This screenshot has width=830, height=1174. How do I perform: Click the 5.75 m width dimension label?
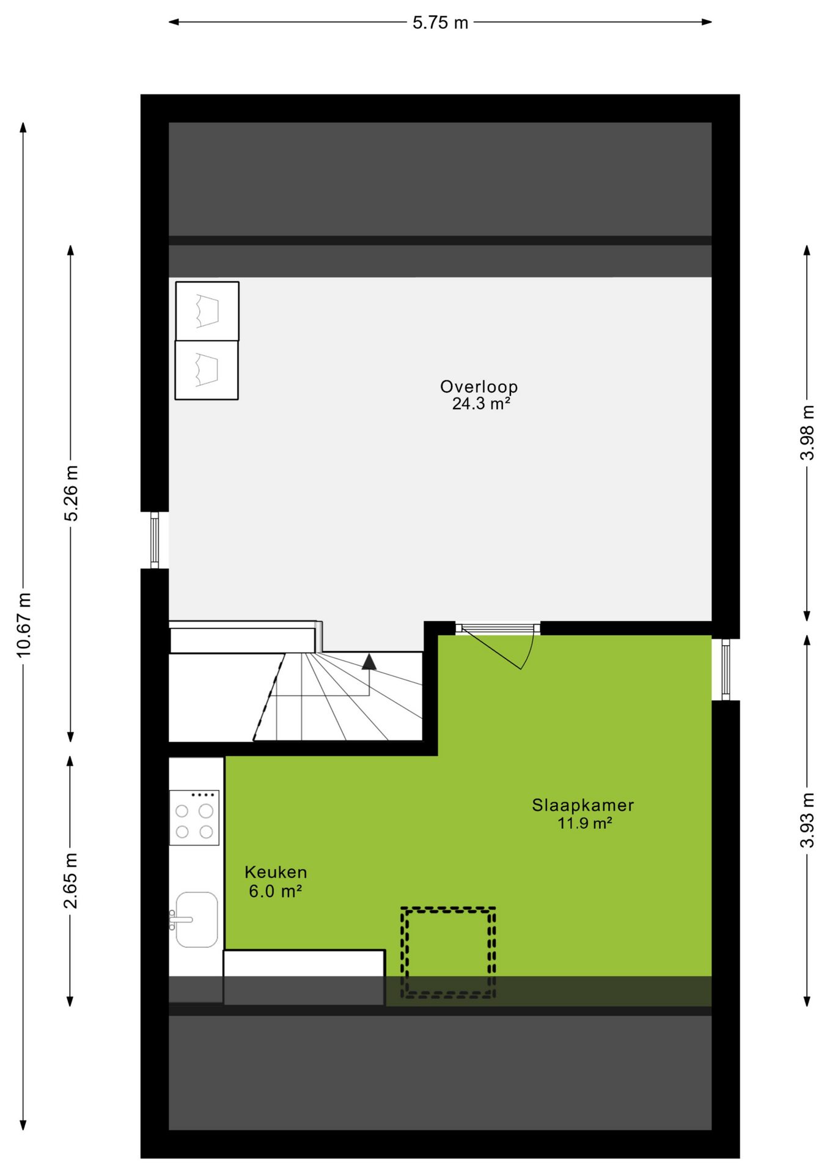click(440, 23)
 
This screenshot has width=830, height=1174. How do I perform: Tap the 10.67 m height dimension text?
click(24, 625)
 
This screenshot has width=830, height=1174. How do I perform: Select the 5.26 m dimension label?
click(71, 493)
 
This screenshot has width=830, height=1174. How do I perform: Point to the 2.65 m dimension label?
click(71, 880)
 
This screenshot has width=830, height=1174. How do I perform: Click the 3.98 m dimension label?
click(807, 433)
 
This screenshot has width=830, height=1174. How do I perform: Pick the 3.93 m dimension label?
click(807, 821)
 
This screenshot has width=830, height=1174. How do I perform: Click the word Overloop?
click(479, 386)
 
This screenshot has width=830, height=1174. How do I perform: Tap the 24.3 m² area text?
click(481, 404)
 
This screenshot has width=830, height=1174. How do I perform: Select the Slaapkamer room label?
click(583, 805)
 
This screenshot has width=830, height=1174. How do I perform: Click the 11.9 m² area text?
click(585, 823)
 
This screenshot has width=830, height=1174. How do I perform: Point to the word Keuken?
click(276, 873)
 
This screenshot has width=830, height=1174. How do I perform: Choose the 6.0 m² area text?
click(275, 892)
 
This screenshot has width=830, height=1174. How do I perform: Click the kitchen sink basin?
click(196, 920)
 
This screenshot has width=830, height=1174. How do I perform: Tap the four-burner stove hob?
click(194, 818)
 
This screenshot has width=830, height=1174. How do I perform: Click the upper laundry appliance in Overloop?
click(207, 311)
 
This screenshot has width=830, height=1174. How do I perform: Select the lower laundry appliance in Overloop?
click(207, 371)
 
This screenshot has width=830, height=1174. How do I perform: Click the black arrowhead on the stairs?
click(369, 662)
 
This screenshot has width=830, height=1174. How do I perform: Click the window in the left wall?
click(155, 541)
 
